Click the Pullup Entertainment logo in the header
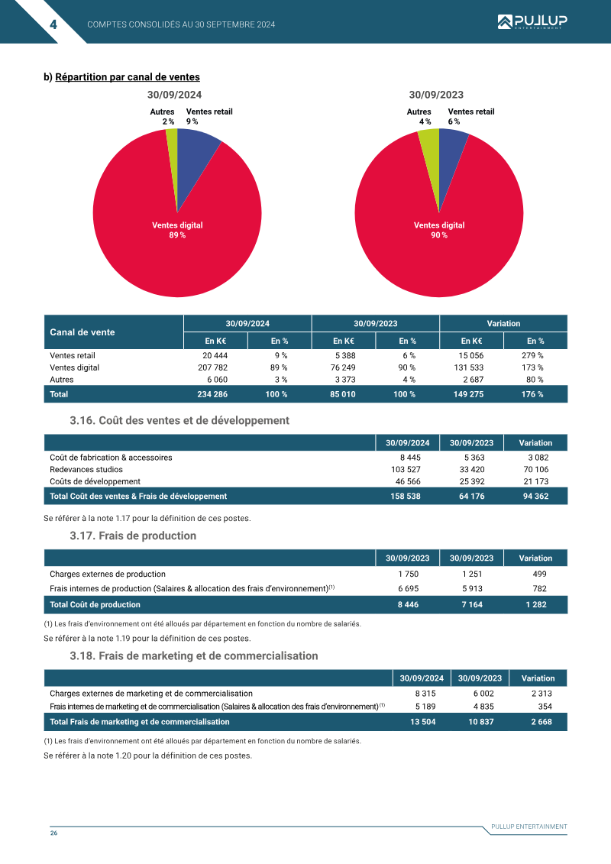click(x=532, y=22)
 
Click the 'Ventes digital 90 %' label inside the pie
click(x=439, y=230)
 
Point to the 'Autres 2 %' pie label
click(x=162, y=116)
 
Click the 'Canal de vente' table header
click(x=82, y=332)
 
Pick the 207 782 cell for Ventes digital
click(x=212, y=367)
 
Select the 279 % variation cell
click(x=532, y=355)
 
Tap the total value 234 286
click(x=212, y=394)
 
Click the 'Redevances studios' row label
click(x=86, y=470)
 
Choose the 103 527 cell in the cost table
click(x=406, y=470)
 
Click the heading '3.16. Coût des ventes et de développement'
click(x=179, y=420)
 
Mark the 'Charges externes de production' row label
click(x=108, y=574)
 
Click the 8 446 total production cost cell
click(x=409, y=604)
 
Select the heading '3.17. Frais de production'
click(x=133, y=536)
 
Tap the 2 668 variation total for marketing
click(x=541, y=722)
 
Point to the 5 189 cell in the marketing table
click(x=425, y=707)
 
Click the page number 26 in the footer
click(x=53, y=833)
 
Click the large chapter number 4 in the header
click(x=53, y=24)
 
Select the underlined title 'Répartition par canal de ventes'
click(x=128, y=77)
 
